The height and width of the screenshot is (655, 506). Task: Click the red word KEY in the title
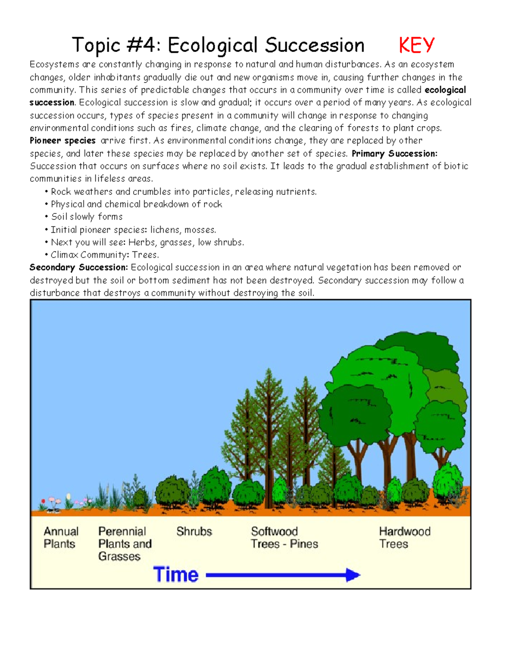(416, 46)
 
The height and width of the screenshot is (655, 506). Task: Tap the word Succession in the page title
(314, 46)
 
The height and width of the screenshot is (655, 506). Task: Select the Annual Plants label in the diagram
(61, 537)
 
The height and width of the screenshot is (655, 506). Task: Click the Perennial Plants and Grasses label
(124, 544)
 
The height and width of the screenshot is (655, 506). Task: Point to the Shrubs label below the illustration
(194, 531)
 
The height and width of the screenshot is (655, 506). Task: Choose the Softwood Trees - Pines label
(284, 537)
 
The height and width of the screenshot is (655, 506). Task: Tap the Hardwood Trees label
(404, 537)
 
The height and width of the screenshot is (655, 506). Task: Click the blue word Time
(176, 574)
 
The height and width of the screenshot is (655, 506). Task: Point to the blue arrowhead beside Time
(353, 575)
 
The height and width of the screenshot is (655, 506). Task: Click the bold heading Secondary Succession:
(78, 267)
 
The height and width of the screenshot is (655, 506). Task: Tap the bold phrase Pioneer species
(62, 140)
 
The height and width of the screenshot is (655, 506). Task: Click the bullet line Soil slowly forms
(86, 217)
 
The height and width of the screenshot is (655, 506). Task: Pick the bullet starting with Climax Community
(104, 255)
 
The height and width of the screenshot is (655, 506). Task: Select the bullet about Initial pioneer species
(133, 230)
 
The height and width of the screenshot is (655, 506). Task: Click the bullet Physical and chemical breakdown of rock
(136, 204)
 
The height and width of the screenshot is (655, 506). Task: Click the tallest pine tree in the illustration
(269, 422)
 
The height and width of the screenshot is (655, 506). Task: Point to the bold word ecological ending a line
(445, 90)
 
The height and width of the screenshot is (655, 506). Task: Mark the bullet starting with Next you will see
(147, 243)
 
